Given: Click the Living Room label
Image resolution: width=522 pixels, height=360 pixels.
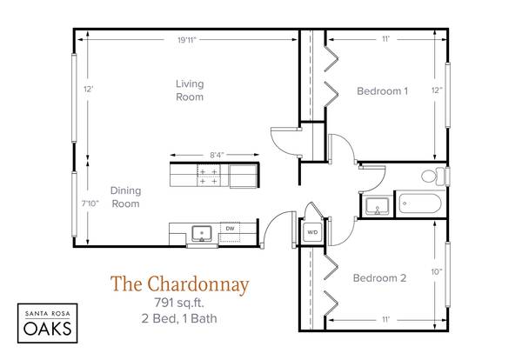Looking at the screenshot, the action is point(190,90).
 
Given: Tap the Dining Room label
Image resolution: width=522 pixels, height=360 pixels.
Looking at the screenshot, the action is point(125,197).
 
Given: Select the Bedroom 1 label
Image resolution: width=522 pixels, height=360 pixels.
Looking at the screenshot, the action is point(382,90).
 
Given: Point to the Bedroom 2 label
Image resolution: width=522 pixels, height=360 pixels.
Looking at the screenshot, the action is point(379,277).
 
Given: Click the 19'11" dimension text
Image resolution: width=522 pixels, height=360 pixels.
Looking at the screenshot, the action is point(187,40).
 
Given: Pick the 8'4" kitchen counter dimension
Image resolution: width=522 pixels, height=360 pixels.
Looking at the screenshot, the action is point(217,155).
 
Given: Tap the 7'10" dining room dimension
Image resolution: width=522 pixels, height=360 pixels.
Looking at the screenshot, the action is point(90,203).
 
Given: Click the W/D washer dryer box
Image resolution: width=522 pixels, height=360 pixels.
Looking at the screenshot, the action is point(312,232).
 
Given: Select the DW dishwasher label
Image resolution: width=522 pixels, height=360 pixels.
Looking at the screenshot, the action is point(230,229).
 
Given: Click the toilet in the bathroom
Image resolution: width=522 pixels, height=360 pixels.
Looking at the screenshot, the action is point(433,176).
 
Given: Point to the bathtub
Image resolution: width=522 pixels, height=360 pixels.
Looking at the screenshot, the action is point(420,203).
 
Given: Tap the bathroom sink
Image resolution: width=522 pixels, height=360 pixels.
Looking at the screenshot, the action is point(377,206).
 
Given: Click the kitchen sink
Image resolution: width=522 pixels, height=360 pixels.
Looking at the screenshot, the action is point(202,234).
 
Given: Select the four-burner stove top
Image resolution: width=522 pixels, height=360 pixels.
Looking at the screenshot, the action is point(209,176).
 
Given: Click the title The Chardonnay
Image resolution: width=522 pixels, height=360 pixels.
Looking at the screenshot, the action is point(180,283).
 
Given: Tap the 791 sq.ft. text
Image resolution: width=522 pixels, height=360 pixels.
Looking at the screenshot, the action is point(179,303).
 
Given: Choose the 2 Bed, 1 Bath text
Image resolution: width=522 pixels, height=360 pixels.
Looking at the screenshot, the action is point(179,318).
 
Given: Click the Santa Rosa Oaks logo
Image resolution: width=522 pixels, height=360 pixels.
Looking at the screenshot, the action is point(48,323).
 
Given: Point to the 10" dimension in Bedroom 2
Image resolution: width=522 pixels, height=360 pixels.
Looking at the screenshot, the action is point(437,272).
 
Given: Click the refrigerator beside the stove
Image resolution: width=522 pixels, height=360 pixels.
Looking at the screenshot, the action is point(244,176).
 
